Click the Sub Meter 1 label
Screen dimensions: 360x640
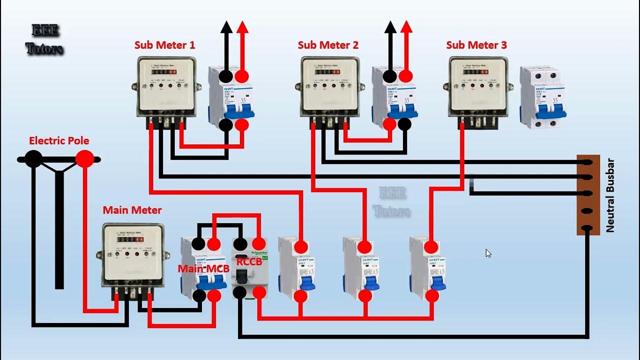coord(164,45)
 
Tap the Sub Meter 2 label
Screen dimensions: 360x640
coord(328,45)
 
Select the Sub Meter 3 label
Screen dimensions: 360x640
coord(476,45)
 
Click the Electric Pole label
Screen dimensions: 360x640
coord(59,140)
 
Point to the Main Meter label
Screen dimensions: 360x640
coord(132,210)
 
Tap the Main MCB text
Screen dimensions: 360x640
coord(203,268)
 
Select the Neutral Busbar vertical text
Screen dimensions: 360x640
coord(610,195)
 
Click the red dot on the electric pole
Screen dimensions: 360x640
coord(84,159)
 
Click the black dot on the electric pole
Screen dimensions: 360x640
coord(33,159)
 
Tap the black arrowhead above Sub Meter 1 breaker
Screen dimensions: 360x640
coord(226,27)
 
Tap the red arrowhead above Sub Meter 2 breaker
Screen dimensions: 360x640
coord(406,27)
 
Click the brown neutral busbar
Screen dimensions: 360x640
coord(587,195)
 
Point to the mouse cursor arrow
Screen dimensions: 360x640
coord(488,253)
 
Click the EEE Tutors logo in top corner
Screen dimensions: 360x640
coord(44,39)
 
